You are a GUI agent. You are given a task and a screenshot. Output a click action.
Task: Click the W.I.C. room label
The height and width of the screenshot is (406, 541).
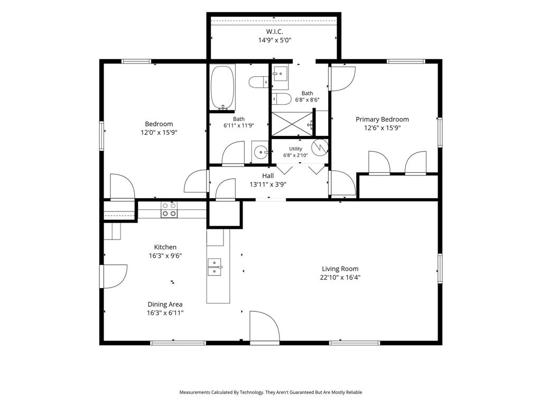click(275, 31)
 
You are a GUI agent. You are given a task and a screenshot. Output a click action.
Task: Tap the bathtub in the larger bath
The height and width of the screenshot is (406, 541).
click(222, 87)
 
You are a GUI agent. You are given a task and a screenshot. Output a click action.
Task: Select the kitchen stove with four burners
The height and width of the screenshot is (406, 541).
click(170, 209)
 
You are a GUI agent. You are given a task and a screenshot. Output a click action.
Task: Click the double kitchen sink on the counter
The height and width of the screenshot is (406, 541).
click(214, 267)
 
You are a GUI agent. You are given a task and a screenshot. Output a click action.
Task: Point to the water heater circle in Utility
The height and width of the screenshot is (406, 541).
click(320, 147)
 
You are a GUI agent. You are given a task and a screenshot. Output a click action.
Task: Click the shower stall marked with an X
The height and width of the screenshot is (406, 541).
click(292, 124)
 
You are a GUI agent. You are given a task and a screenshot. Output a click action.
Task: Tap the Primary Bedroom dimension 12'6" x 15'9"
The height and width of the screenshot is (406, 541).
click(383, 128)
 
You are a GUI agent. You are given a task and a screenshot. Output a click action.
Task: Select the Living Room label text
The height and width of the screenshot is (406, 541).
click(340, 269)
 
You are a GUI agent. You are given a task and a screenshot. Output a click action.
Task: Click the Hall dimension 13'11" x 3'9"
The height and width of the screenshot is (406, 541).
click(268, 184)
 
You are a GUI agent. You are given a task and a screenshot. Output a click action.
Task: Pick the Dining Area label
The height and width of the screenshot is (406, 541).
click(165, 304)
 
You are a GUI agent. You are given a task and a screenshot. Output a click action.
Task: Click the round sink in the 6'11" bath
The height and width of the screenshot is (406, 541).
click(260, 151)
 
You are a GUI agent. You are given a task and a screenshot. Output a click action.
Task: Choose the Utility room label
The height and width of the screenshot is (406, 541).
click(296, 149)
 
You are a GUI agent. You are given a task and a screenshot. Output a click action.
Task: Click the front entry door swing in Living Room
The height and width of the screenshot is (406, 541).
click(265, 327)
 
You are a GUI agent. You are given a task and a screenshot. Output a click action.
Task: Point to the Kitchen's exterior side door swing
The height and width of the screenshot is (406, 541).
click(114, 276)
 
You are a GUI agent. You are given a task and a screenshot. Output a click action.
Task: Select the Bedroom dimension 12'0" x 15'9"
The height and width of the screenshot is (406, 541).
click(159, 133)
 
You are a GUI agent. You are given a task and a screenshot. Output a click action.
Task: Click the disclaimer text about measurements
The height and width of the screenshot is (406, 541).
click(270, 392)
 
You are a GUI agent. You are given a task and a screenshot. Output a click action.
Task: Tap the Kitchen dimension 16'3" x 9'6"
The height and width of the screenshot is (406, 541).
click(165, 256)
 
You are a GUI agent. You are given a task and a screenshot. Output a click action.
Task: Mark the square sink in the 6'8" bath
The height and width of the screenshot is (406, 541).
click(281, 73)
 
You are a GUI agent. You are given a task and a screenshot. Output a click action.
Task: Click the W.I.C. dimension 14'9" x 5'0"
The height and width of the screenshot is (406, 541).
click(275, 40)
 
